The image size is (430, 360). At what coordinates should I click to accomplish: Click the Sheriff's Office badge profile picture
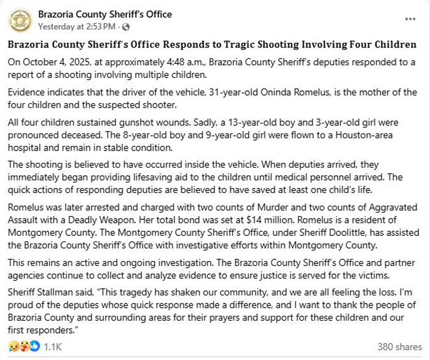tap(20, 20)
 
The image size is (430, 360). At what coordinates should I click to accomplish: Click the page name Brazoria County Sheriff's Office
tap(105, 14)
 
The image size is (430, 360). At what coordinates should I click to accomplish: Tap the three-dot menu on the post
tap(410, 19)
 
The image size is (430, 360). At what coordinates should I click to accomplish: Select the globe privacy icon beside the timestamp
tap(126, 27)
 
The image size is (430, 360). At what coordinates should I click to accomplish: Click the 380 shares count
tap(400, 346)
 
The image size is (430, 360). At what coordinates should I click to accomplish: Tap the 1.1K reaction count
tap(53, 346)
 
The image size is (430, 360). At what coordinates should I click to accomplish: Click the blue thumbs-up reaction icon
tap(36, 346)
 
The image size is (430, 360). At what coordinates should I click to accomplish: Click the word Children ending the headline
tap(396, 45)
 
